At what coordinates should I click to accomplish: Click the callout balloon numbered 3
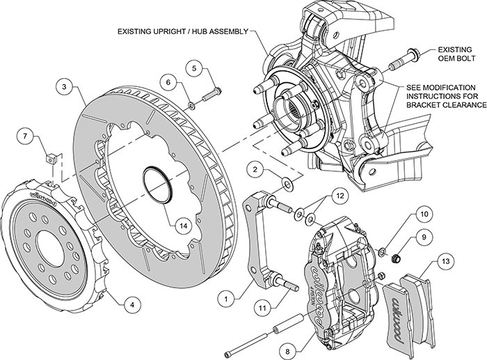[x=64, y=88]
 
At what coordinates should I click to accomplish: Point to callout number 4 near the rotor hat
[x=130, y=304]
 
